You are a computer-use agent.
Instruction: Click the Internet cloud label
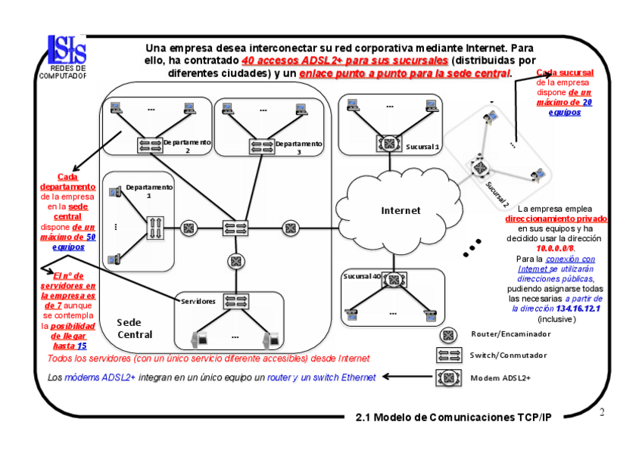pyautogui.click(x=400, y=210)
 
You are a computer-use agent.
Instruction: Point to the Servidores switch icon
pyautogui.click(x=232, y=299)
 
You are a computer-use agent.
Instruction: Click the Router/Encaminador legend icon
pyautogui.click(x=448, y=334)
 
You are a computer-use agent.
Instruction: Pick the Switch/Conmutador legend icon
pyautogui.click(x=448, y=355)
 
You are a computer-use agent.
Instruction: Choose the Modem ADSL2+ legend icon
pyautogui.click(x=448, y=377)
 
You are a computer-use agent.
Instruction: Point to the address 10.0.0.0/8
pyautogui.click(x=556, y=248)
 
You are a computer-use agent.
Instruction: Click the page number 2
pyautogui.click(x=602, y=412)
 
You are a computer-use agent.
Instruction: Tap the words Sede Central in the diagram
pyautogui.click(x=135, y=328)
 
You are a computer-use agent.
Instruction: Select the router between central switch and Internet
pyautogui.click(x=289, y=228)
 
